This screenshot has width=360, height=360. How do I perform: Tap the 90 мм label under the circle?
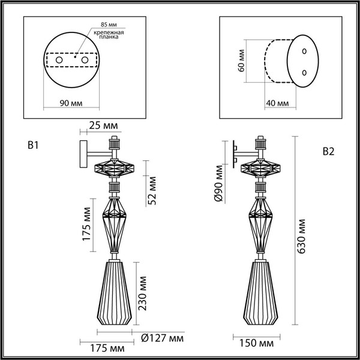click(72, 103)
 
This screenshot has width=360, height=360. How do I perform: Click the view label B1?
click(34, 146)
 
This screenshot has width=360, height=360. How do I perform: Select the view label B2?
click(328, 151)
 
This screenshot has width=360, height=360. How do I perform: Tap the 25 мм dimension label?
click(102, 125)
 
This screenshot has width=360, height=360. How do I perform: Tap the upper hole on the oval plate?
click(304, 50)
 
